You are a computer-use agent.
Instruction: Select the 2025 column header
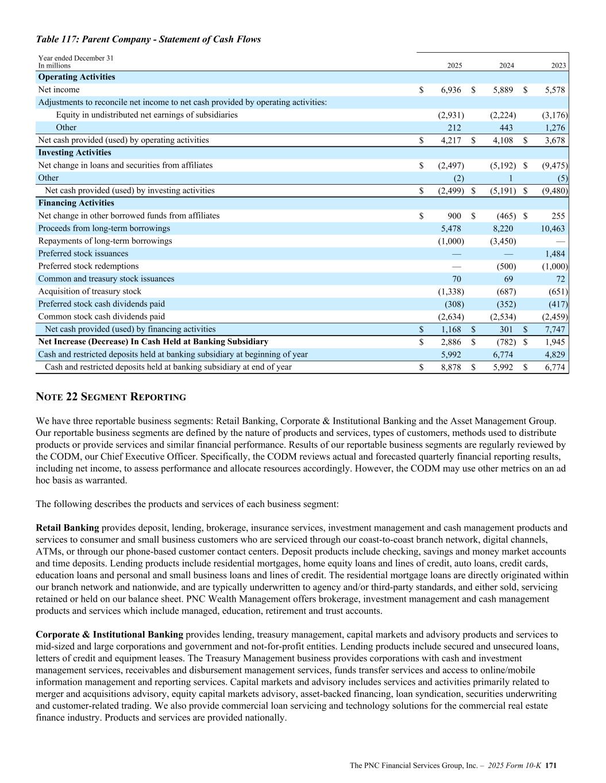click(x=454, y=65)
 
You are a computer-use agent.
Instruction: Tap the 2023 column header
click(x=558, y=65)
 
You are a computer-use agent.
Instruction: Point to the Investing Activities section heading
click(x=75, y=153)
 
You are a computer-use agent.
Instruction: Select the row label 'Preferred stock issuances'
click(x=83, y=254)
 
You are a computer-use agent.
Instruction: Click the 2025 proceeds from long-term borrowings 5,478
click(x=451, y=228)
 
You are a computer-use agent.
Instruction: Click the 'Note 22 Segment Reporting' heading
click(x=111, y=397)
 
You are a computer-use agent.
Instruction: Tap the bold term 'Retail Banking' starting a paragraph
click(x=67, y=528)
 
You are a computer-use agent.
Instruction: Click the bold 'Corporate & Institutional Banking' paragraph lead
click(x=109, y=634)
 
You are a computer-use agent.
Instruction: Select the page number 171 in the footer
click(x=551, y=765)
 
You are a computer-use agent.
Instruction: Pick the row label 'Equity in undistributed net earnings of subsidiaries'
click(x=146, y=115)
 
